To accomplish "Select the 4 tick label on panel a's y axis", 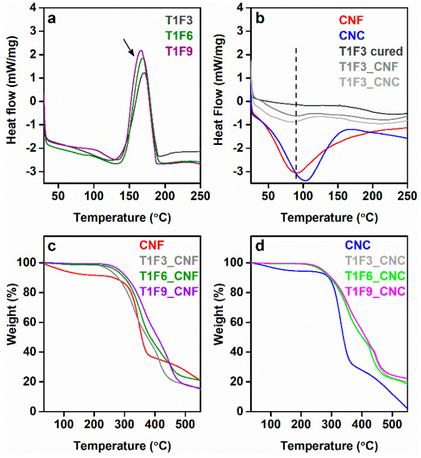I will (x=36, y=8).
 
